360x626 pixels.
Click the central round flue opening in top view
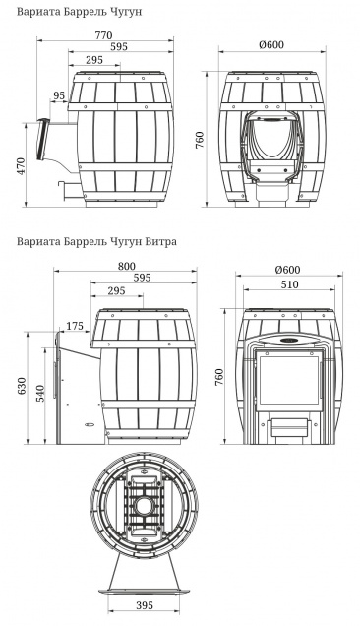pos(146,510)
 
